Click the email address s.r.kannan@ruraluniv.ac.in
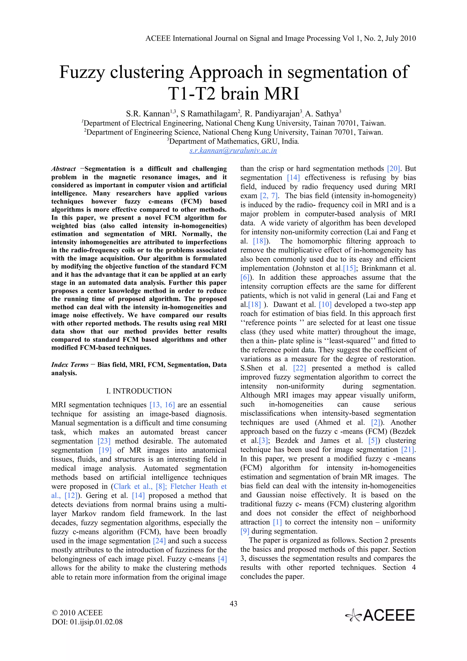click(x=233, y=151)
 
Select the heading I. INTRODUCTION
click(x=139, y=391)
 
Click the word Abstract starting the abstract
click(x=64, y=169)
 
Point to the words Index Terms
click(x=70, y=365)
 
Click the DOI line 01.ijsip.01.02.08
click(x=87, y=622)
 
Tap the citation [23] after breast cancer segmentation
click(x=104, y=441)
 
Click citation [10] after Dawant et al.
click(x=325, y=304)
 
